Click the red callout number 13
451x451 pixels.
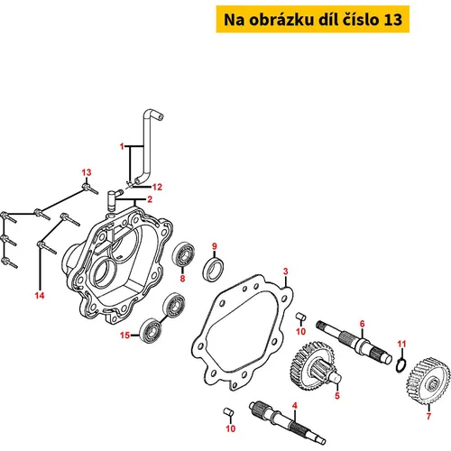click(87, 172)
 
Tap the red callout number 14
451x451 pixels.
click(40, 296)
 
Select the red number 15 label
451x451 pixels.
click(124, 335)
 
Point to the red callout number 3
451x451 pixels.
click(286, 272)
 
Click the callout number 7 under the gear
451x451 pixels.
click(428, 416)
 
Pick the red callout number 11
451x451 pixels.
click(402, 344)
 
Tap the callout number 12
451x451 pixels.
click(157, 187)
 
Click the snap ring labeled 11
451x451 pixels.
click(400, 365)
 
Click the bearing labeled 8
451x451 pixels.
click(183, 255)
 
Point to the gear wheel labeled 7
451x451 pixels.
click(428, 381)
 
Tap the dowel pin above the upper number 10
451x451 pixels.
click(301, 317)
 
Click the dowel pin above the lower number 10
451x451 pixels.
click(229, 411)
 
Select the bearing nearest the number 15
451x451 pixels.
click(151, 329)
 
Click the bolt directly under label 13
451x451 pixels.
click(90, 189)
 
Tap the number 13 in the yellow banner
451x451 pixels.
click(392, 20)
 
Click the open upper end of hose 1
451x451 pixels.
click(161, 116)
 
